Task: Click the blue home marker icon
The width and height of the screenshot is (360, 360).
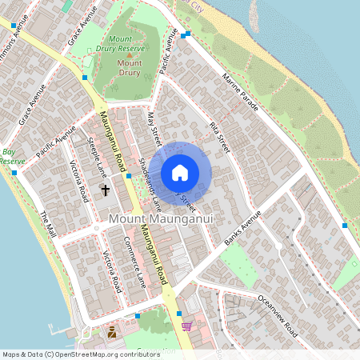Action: coord(180,172)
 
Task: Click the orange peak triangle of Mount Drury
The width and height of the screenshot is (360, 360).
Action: coord(128,54)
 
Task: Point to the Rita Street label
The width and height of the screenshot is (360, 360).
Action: coord(219,137)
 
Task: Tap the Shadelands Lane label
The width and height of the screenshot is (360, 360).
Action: coord(150,176)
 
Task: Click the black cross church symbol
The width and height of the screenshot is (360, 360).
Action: coord(104,190)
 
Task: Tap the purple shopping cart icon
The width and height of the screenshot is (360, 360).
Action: coord(186,326)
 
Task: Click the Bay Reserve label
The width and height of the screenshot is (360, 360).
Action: coord(10,156)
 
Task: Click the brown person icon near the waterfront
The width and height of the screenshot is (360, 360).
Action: coord(112,331)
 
